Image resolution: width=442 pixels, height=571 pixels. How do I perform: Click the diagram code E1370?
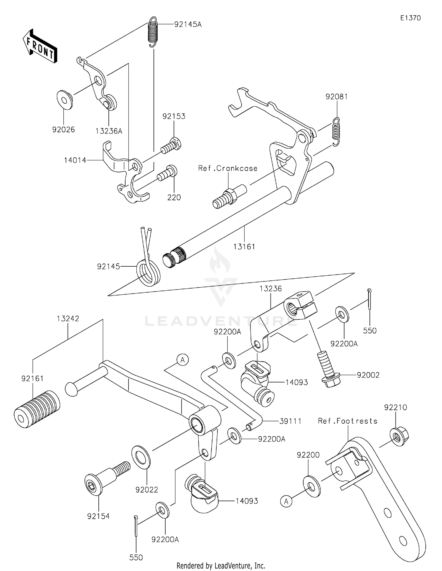coord(410,18)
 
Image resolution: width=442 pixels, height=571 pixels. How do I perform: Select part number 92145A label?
coord(188,24)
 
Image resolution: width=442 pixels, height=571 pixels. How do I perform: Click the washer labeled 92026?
coord(65,100)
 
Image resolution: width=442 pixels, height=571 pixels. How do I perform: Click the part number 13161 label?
coord(244,247)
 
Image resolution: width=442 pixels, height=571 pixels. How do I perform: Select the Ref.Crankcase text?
coord(228,168)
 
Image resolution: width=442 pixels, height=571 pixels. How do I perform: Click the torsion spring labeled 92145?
coord(148,270)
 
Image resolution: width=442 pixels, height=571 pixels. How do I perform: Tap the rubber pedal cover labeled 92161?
coord(37,410)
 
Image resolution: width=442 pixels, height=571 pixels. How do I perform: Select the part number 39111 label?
coord(290,421)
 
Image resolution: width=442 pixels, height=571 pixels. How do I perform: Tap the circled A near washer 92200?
coord(286,501)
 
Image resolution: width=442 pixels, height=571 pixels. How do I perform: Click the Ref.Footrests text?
coord(347,421)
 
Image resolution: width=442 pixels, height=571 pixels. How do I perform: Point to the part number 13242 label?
coord(68,318)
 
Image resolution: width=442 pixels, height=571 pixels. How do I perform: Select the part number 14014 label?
coord(75,160)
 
